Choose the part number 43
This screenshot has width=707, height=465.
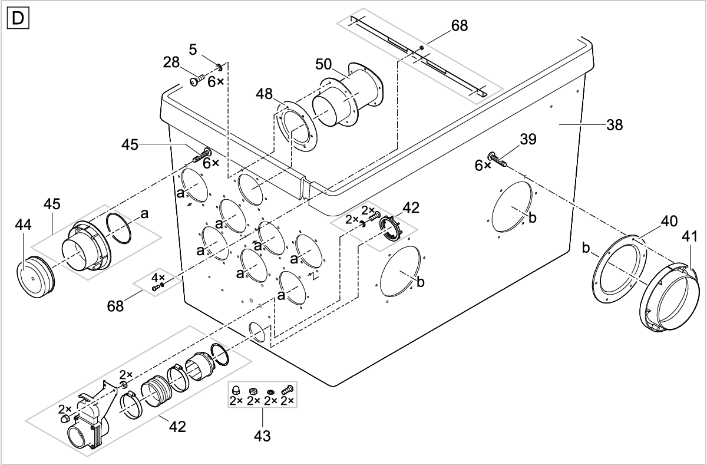pyautogui.click(x=263, y=436)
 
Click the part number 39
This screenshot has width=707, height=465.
pyautogui.click(x=527, y=139)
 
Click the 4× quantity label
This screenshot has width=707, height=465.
pyautogui.click(x=158, y=277)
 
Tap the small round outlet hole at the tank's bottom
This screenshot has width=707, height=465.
pyautogui.click(x=258, y=332)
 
